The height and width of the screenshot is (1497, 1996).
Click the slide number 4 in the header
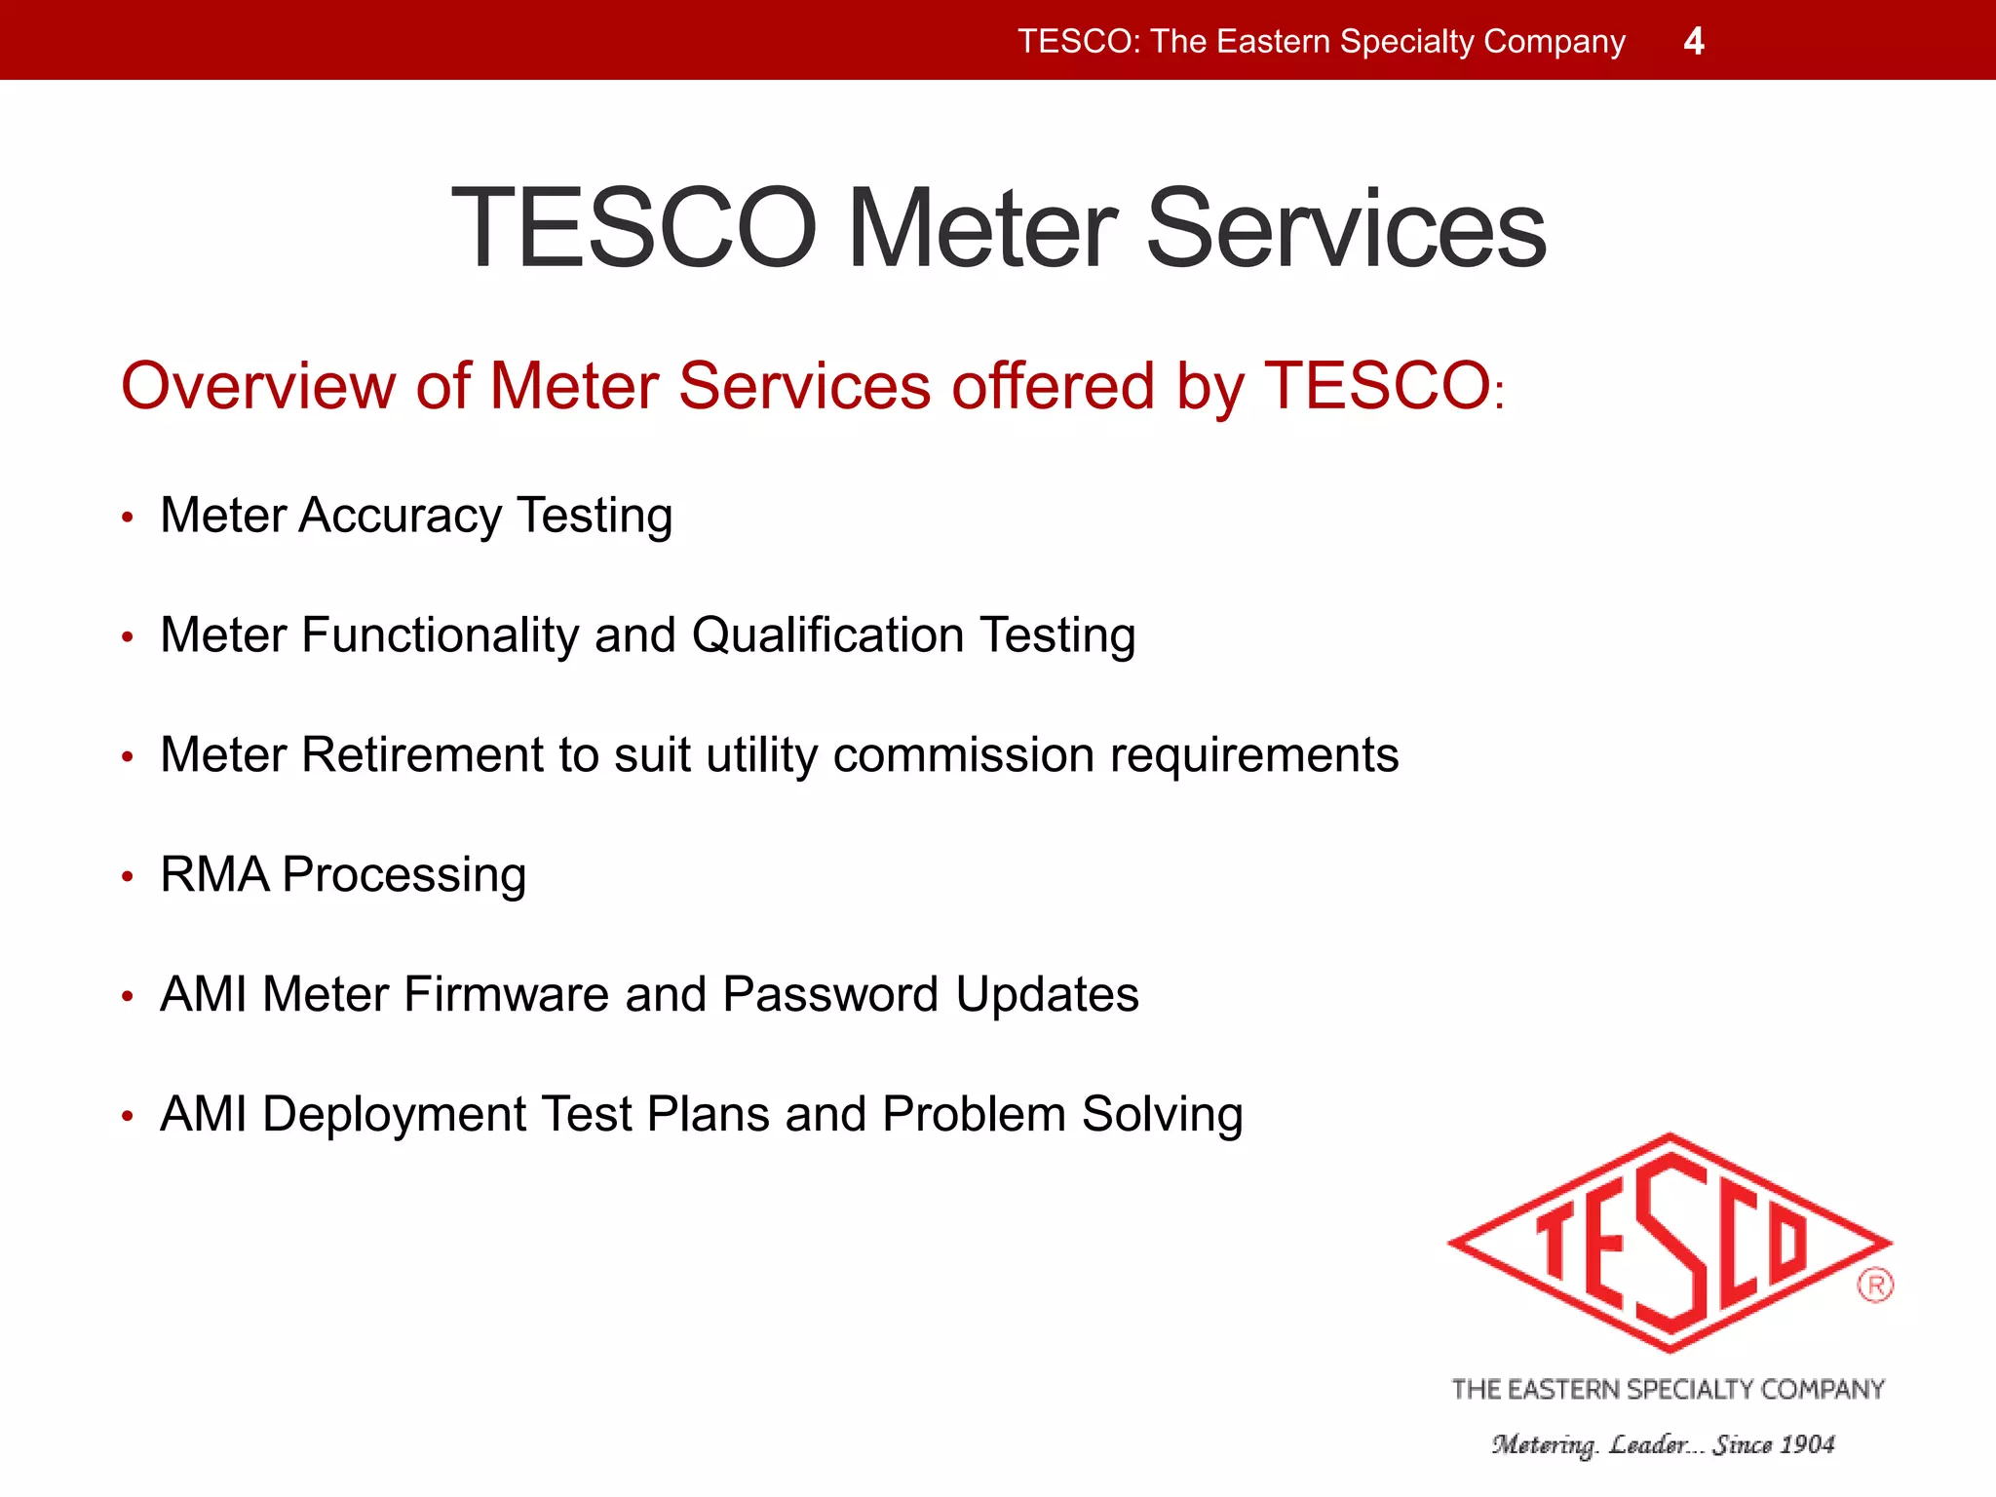1694,41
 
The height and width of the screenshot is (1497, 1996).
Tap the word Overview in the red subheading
258,385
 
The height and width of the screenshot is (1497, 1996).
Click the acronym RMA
213,874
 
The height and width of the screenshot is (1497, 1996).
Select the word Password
830,994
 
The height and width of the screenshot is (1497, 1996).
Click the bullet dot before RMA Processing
127,876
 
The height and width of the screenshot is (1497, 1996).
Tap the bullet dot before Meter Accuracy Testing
127,518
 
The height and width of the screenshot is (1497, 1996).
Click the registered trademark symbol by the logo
1875,1285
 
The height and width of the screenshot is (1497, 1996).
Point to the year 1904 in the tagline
1808,1444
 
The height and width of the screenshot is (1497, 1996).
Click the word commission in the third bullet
964,754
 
